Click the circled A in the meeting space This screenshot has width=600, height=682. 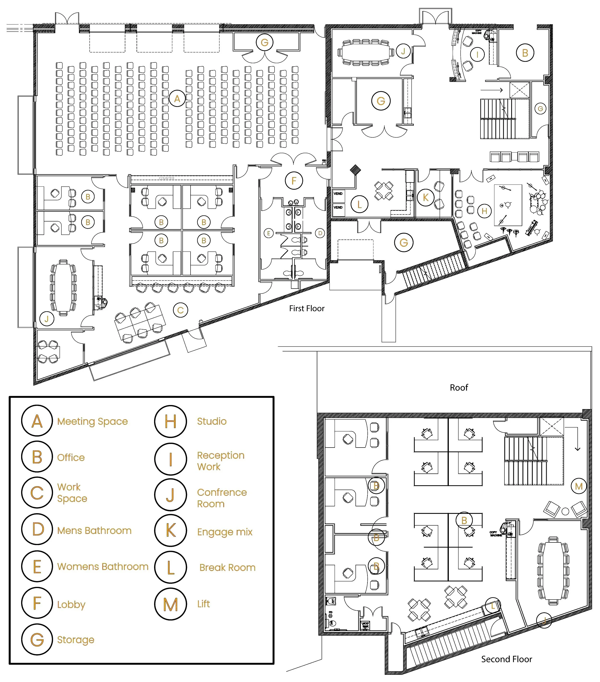177,98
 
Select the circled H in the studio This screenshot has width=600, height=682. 484,211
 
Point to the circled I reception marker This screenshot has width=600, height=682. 477,54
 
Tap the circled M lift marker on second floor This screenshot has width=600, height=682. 579,486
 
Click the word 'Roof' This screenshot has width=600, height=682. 459,387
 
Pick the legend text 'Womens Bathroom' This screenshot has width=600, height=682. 103,566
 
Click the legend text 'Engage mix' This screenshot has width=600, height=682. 225,532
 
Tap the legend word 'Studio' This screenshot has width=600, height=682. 212,421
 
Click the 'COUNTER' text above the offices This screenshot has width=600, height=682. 166,178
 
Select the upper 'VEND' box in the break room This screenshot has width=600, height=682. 338,194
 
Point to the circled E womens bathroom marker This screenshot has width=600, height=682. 268,233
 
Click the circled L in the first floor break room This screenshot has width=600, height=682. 359,204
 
